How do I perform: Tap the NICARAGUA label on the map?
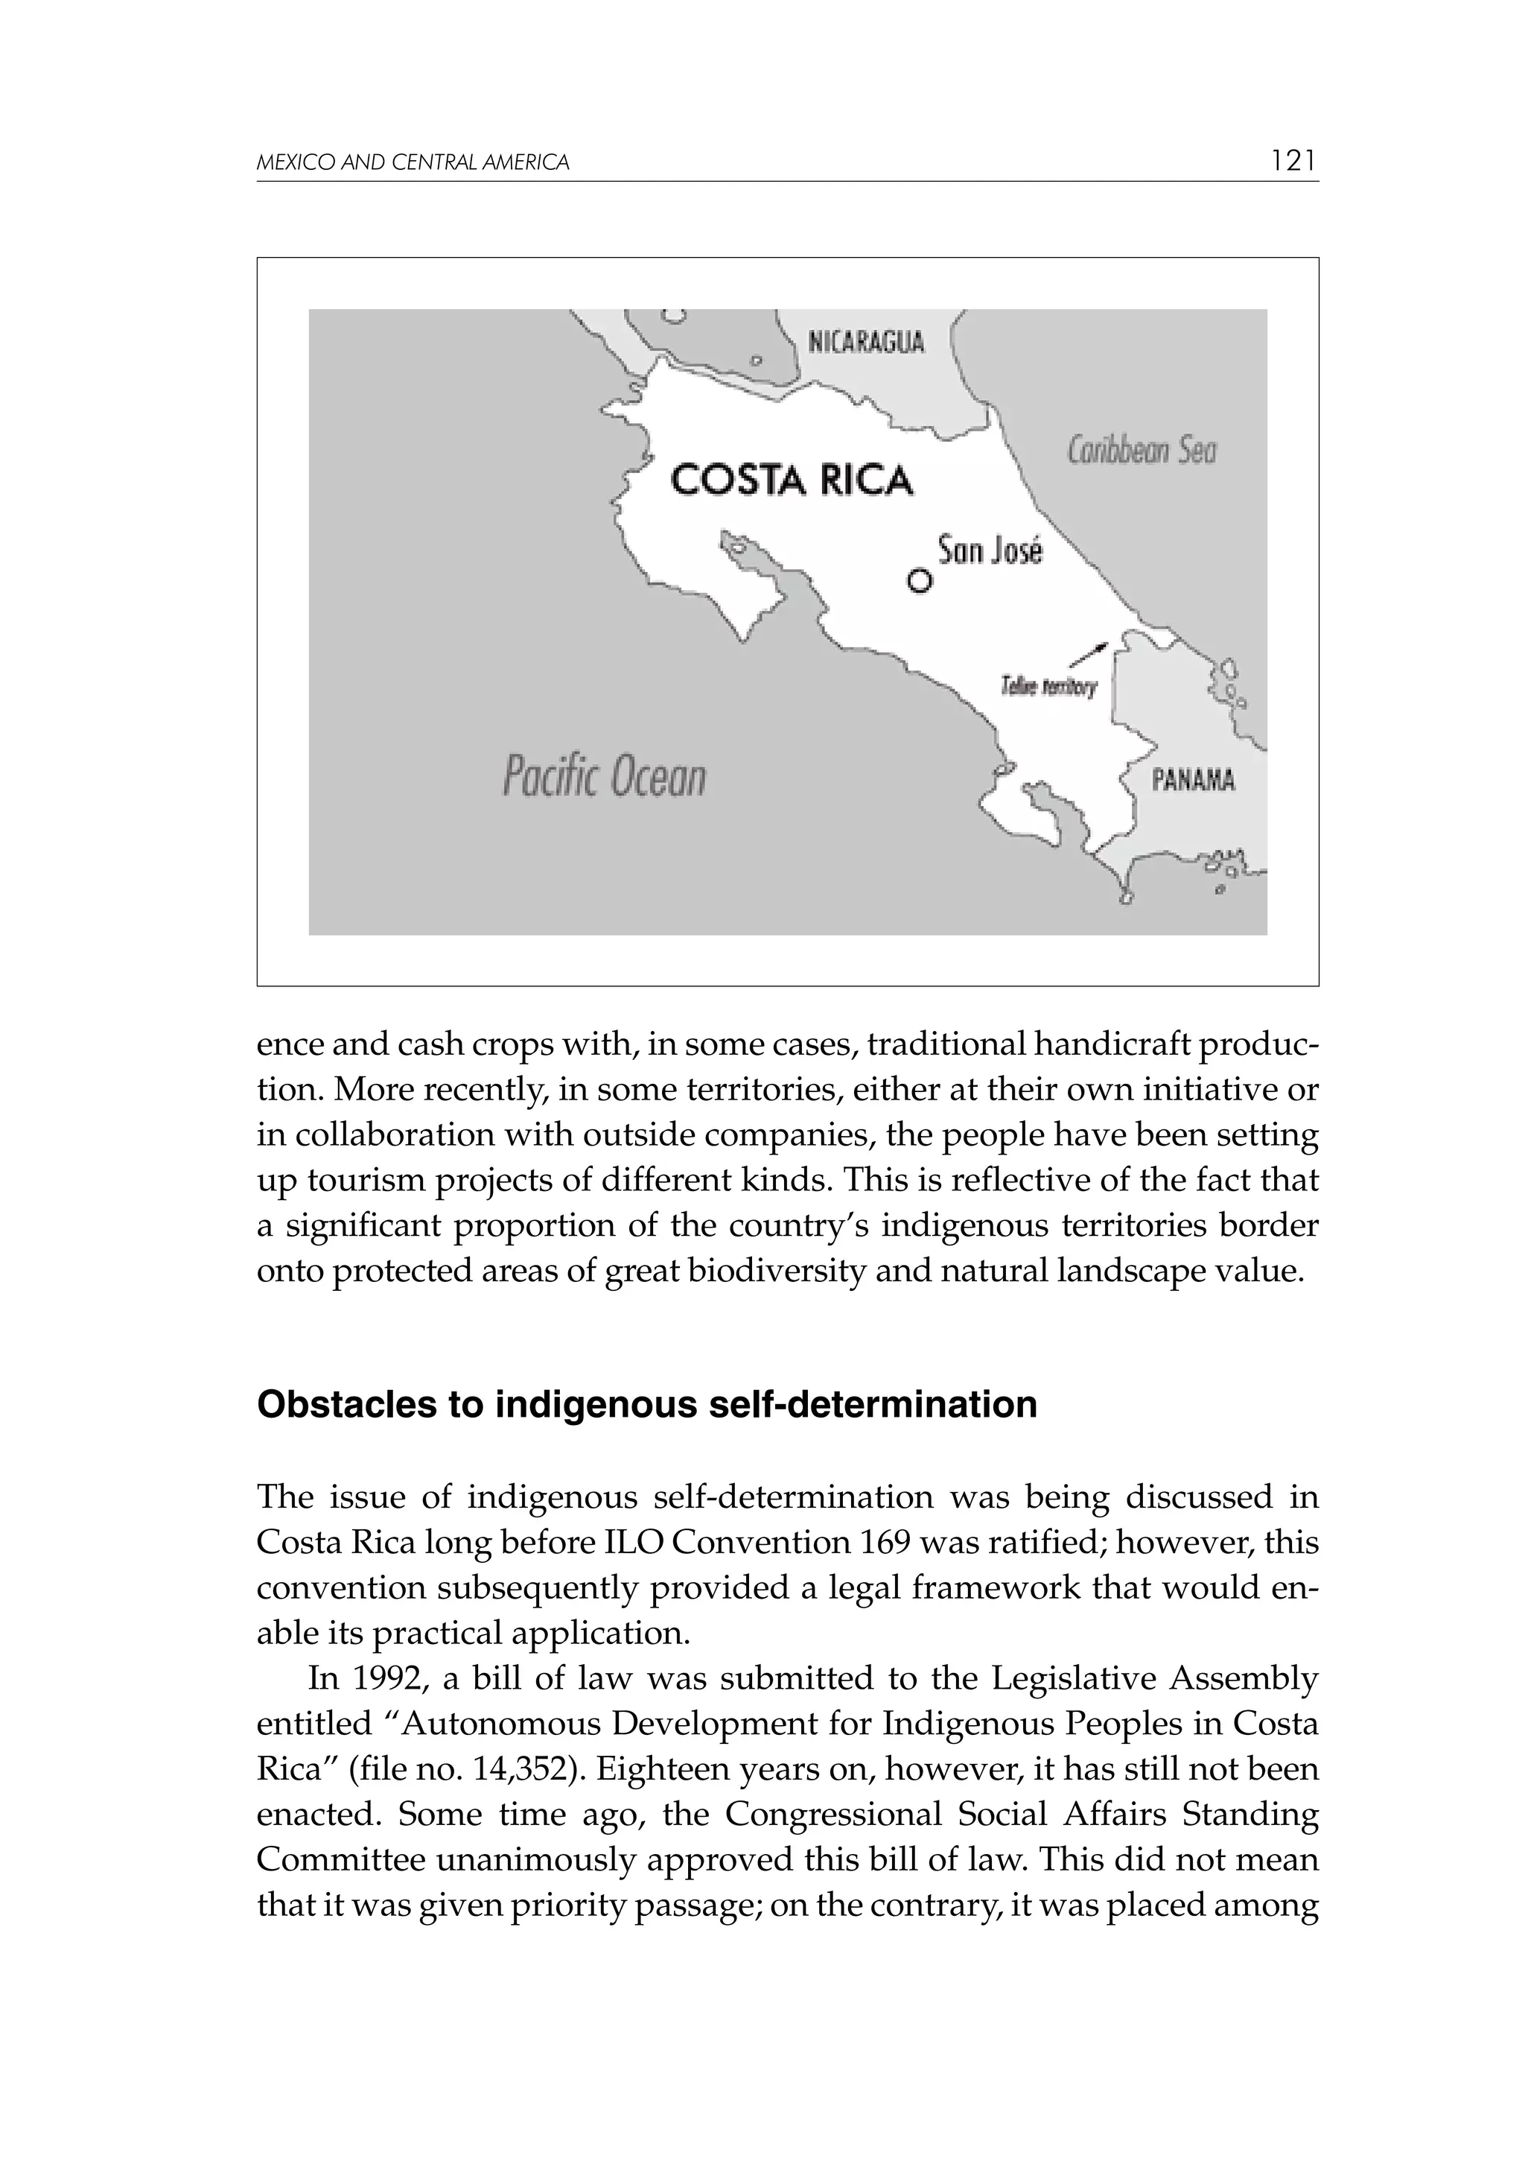pyautogui.click(x=866, y=342)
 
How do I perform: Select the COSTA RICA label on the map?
pyautogui.click(x=791, y=480)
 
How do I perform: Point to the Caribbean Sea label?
pyautogui.click(x=1142, y=452)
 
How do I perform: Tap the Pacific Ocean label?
pyautogui.click(x=603, y=777)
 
